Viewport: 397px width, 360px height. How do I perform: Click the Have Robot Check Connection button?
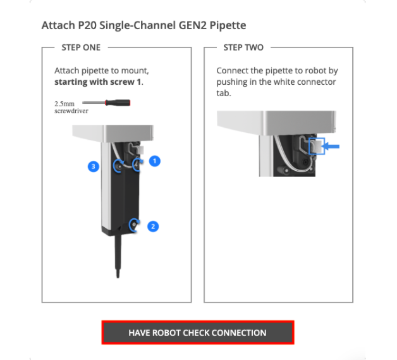[x=198, y=332]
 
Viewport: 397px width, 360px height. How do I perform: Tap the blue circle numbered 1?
[x=155, y=161]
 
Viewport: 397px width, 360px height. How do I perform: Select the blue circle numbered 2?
[x=153, y=227]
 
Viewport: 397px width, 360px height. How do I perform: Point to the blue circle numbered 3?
[x=94, y=166]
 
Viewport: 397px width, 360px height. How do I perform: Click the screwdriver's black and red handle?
[x=118, y=102]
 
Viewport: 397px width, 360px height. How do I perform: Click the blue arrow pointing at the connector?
[x=331, y=146]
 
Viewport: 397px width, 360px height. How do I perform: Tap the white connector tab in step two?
[x=317, y=146]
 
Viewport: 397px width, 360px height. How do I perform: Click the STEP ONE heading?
[x=81, y=47]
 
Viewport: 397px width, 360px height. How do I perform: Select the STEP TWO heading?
[x=243, y=47]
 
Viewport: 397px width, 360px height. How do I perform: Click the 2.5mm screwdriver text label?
[x=71, y=107]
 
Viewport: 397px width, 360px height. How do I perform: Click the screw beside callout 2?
[x=134, y=225]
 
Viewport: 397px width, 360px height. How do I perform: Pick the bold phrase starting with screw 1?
[x=99, y=82]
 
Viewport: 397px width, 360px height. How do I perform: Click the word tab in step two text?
[x=224, y=93]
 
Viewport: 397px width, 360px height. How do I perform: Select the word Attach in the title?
[x=58, y=25]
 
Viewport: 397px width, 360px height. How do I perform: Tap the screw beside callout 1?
[x=137, y=164]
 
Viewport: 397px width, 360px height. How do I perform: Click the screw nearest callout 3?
[x=118, y=166]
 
